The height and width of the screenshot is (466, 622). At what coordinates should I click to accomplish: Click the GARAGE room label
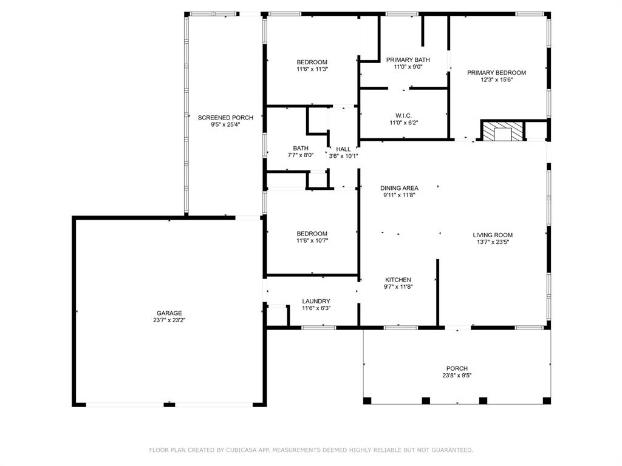[169, 313]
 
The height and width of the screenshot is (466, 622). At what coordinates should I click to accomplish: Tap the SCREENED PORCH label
[225, 117]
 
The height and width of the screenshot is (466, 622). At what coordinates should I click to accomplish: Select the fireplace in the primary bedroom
[502, 131]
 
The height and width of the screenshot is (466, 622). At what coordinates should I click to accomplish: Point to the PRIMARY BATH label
[408, 59]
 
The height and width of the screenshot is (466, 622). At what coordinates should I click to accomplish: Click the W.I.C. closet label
[404, 115]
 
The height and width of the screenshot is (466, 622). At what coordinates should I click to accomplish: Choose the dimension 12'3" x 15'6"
[496, 79]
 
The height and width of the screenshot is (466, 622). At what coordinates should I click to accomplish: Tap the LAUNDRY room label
[316, 301]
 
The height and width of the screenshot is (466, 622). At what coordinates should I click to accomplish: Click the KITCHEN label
[398, 280]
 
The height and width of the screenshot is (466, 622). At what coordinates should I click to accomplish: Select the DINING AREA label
[400, 188]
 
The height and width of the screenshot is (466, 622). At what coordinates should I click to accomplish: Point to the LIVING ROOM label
[493, 235]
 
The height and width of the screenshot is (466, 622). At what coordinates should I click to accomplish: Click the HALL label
[343, 149]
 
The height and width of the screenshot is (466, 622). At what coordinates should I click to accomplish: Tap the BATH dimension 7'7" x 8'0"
[301, 155]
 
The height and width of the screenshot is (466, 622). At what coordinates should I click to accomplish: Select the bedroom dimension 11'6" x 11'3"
[312, 69]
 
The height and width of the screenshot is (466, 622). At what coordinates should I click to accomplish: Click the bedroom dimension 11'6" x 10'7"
[312, 240]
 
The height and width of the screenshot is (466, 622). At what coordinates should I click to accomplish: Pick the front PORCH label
[457, 368]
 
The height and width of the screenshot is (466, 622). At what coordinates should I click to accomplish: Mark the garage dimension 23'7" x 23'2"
[169, 320]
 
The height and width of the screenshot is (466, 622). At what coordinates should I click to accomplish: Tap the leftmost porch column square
[367, 400]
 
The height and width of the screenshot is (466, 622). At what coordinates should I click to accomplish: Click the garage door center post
[169, 404]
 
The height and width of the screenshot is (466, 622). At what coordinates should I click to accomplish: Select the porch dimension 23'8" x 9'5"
[457, 376]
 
